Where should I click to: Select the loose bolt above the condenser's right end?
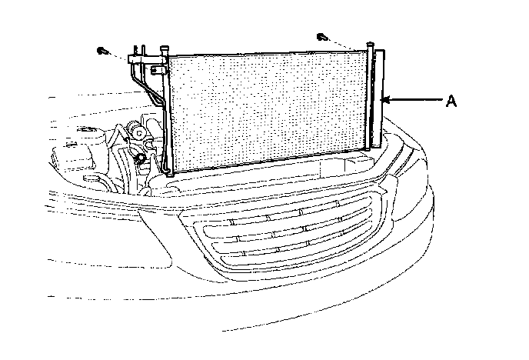pos(321,35)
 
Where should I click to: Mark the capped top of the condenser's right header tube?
pos(370,49)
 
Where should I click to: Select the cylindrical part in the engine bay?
pos(140,133)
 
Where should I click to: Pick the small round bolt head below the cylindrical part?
pos(141,159)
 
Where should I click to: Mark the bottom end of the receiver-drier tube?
pos(376,145)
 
